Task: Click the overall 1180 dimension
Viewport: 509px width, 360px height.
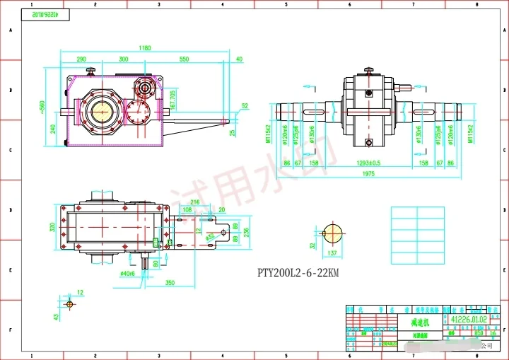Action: click(145, 48)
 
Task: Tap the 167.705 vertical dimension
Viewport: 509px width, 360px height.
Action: click(174, 98)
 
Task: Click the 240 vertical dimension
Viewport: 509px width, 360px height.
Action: click(54, 129)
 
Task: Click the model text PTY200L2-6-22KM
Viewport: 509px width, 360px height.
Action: click(298, 272)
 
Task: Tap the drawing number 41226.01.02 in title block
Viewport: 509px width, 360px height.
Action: click(468, 320)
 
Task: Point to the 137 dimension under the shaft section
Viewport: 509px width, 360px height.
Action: click(331, 252)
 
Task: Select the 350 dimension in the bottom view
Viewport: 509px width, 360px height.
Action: click(170, 282)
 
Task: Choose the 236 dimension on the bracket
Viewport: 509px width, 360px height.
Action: click(245, 231)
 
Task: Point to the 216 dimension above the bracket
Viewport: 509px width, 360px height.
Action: click(195, 202)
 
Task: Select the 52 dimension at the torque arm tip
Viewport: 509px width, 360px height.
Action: click(245, 106)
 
